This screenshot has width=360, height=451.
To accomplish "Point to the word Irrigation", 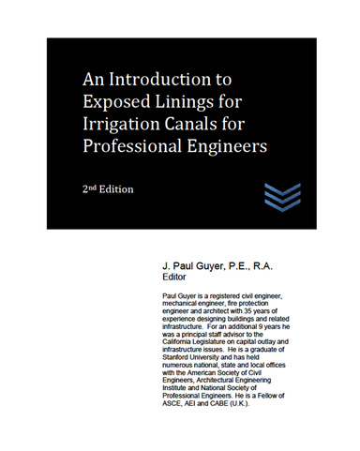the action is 127,125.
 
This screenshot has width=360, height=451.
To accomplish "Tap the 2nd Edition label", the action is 108,188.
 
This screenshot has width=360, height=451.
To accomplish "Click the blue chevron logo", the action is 280,197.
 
